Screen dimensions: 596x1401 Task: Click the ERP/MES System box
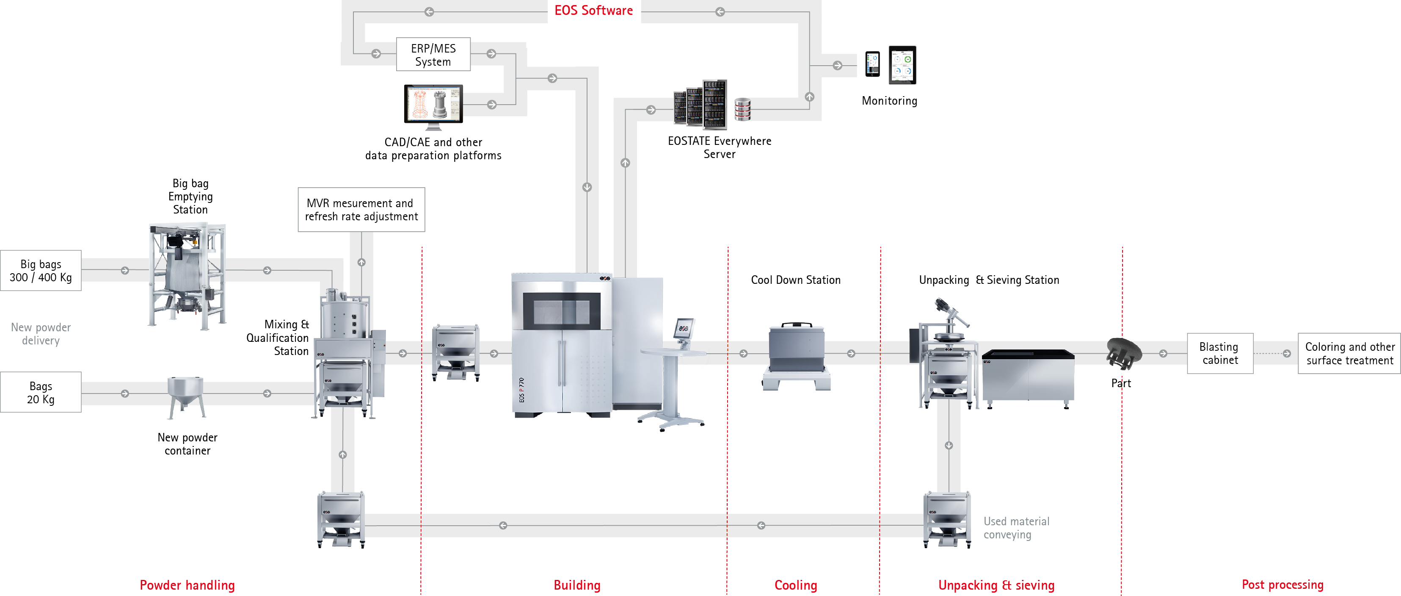click(433, 54)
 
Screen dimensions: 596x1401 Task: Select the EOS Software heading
click(593, 10)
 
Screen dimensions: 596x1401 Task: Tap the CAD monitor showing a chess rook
click(433, 104)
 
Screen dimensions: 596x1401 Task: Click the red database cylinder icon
click(742, 109)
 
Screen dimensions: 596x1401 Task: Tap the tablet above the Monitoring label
click(902, 65)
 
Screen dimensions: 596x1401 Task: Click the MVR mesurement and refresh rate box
click(361, 210)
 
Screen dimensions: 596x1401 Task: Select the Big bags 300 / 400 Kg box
click(41, 271)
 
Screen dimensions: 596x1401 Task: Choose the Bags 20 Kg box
click(41, 392)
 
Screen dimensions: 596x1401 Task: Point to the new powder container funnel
click(186, 396)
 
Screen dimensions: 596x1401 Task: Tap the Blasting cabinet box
click(1219, 353)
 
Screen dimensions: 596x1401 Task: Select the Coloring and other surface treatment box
click(1349, 353)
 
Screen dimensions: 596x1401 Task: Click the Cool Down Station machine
click(796, 354)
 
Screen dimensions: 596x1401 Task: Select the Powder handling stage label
click(187, 585)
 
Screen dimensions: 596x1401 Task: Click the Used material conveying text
click(1016, 527)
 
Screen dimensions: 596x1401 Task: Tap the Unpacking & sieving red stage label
click(996, 585)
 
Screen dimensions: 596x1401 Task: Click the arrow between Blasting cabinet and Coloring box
click(1286, 353)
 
